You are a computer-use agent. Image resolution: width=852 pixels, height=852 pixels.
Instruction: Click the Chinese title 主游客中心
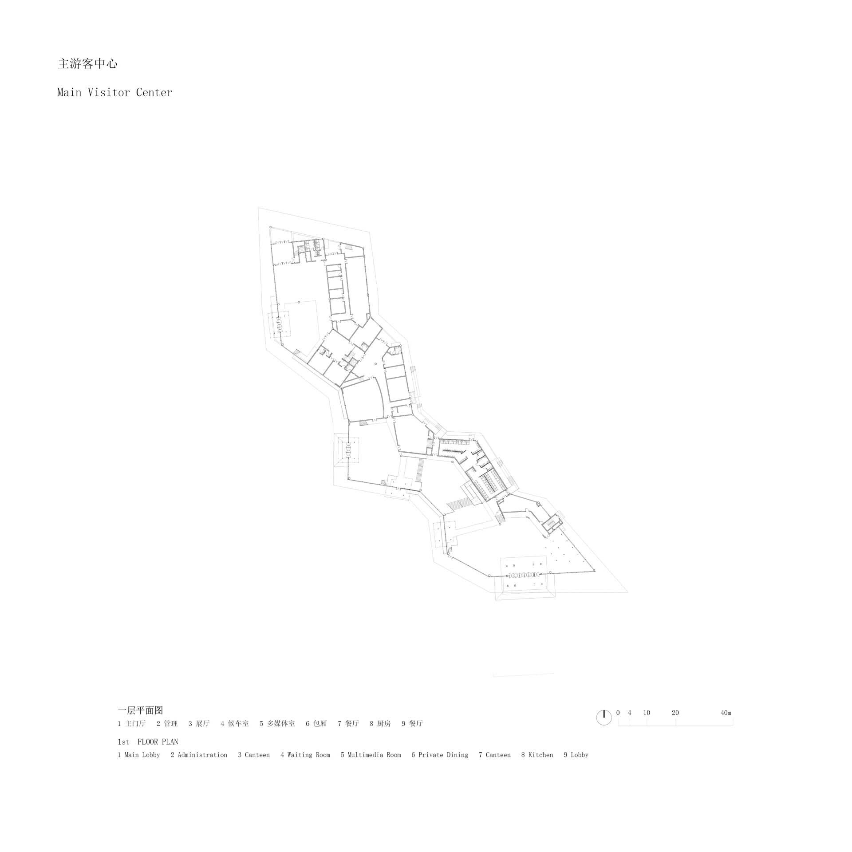(x=87, y=64)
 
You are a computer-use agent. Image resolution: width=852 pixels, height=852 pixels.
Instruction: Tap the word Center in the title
(x=154, y=92)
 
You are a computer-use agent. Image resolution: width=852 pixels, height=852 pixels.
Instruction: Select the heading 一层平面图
(x=140, y=710)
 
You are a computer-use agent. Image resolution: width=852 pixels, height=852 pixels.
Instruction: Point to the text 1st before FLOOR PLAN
(x=123, y=742)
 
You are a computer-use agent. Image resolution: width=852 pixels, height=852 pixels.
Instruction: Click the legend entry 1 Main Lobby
(x=139, y=755)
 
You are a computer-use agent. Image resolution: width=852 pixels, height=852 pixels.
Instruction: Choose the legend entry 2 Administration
(x=199, y=755)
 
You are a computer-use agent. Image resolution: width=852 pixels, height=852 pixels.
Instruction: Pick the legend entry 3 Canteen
(x=254, y=755)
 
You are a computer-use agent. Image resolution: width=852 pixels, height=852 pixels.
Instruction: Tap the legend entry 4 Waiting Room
(x=305, y=755)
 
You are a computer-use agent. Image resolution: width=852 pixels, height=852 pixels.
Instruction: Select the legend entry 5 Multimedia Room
(x=371, y=755)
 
